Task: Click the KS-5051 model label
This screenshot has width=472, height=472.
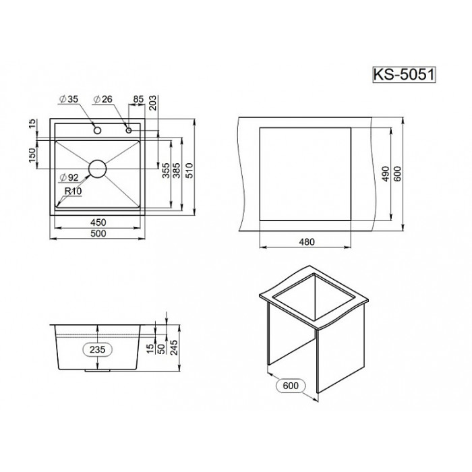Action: pyautogui.click(x=404, y=75)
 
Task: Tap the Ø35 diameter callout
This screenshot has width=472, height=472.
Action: pyautogui.click(x=69, y=99)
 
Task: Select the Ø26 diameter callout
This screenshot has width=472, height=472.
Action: pyautogui.click(x=103, y=99)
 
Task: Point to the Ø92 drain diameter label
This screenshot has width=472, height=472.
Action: pyautogui.click(x=69, y=177)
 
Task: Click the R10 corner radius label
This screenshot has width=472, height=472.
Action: pyautogui.click(x=73, y=191)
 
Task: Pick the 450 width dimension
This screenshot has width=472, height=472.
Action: pyautogui.click(x=98, y=223)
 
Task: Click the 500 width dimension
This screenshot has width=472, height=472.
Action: pyautogui.click(x=98, y=233)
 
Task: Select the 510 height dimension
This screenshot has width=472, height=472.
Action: pyautogui.click(x=189, y=171)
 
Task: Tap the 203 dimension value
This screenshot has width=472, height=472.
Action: pyautogui.click(x=153, y=103)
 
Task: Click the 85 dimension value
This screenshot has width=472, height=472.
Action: pyautogui.click(x=138, y=99)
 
